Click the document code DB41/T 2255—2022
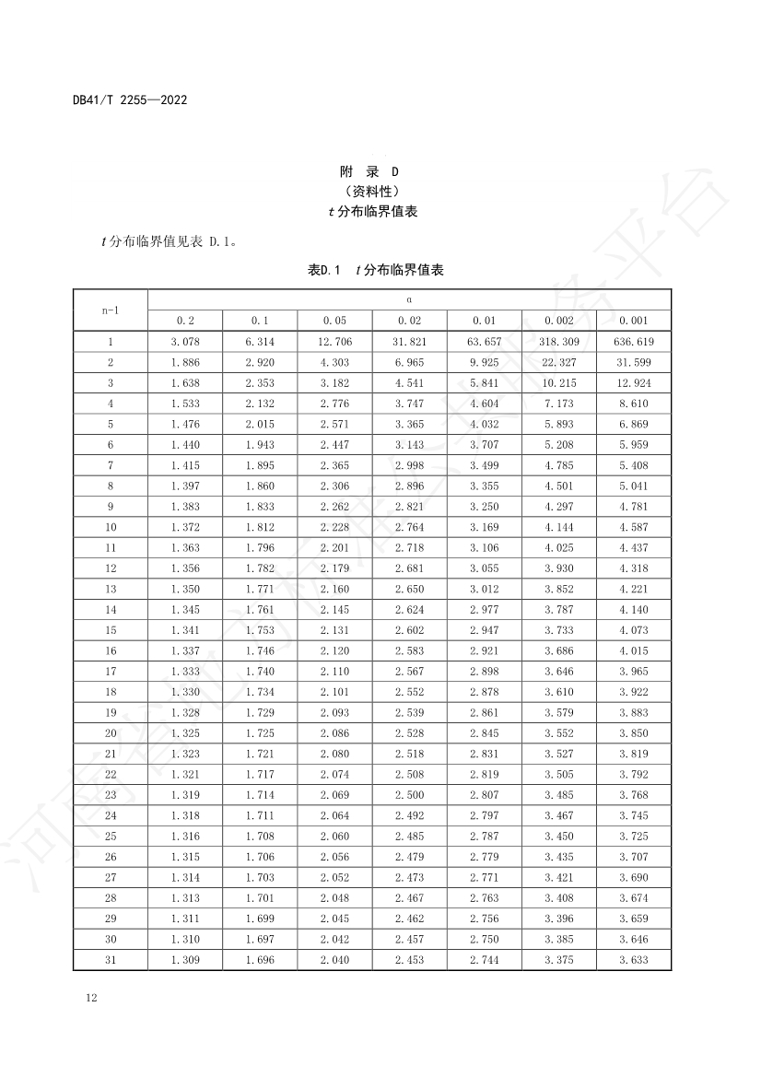coord(129,100)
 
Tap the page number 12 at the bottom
coord(90,998)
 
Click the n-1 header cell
coord(111,310)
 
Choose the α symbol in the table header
coord(409,299)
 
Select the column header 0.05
coord(334,321)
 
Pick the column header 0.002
coord(558,321)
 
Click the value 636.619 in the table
coord(633,342)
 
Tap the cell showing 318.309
coord(558,342)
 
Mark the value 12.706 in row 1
coord(334,342)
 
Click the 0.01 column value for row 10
coord(484,527)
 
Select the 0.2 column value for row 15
coord(185,630)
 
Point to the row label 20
coord(111,733)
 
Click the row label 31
coord(111,960)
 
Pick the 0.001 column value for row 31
coord(633,960)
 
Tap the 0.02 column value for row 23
coord(409,795)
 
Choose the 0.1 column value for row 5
coord(260,424)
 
